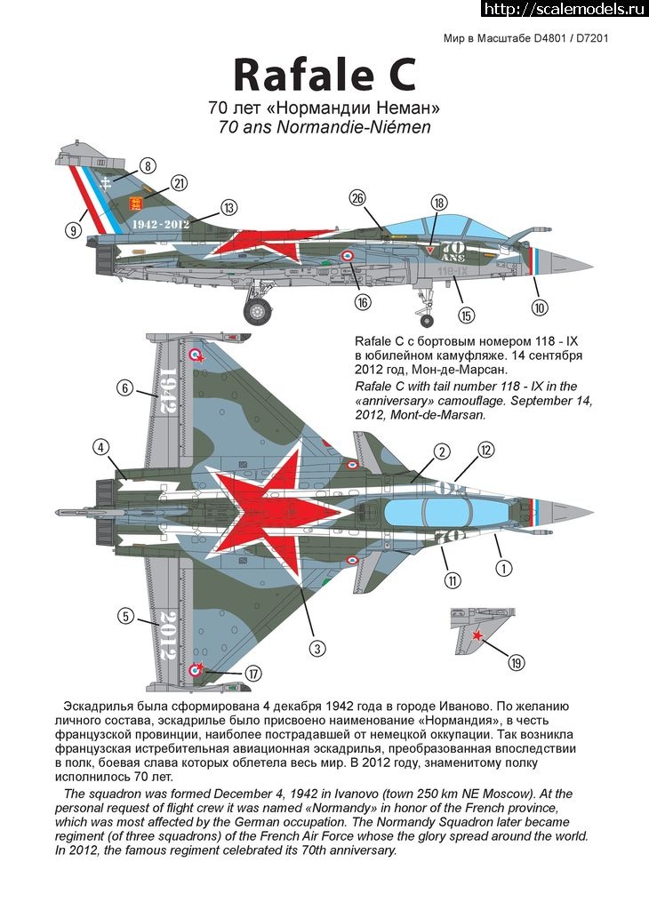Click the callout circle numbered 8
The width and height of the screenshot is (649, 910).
(x=148, y=166)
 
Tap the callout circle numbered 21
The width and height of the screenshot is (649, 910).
(x=179, y=183)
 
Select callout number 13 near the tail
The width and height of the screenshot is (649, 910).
(x=228, y=207)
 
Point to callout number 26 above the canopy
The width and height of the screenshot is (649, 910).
(x=357, y=198)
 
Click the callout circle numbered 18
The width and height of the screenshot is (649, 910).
(x=439, y=202)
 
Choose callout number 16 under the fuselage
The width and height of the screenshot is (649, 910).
(x=363, y=302)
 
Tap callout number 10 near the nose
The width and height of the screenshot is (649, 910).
(x=540, y=307)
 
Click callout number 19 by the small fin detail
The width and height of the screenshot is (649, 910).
(x=516, y=661)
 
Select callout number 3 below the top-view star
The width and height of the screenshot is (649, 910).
(x=317, y=648)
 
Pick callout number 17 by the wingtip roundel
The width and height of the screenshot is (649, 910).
(x=252, y=674)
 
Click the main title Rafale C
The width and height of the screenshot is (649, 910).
(x=324, y=76)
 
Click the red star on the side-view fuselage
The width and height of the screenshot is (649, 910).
(x=259, y=243)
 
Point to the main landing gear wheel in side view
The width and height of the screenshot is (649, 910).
(x=257, y=311)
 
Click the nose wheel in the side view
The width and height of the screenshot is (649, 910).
(x=427, y=320)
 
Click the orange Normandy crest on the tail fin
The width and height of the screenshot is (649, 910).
(x=135, y=204)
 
